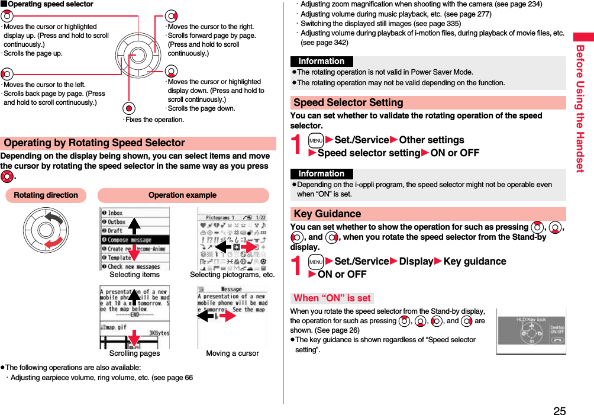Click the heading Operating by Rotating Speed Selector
95,143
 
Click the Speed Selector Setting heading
348,102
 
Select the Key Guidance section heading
327,214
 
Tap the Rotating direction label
46,195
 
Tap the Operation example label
182,195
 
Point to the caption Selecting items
134,275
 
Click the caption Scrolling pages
134,353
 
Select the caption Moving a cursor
232,353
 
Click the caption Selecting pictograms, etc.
232,275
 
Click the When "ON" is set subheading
332,298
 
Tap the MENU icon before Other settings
316,140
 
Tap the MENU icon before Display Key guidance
316,262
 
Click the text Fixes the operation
154,120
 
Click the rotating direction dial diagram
46,232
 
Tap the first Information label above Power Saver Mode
321,62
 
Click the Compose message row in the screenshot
134,240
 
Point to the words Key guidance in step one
474,262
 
